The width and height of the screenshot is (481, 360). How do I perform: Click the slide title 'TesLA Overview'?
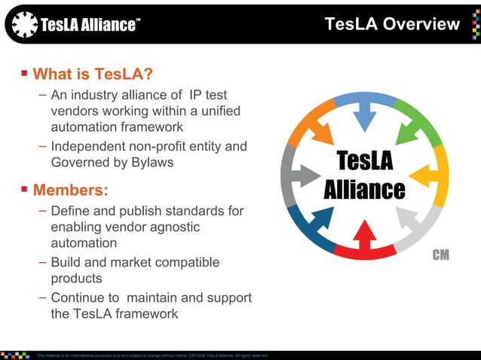point(392,24)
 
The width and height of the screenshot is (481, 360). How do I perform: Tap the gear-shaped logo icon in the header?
point(25,25)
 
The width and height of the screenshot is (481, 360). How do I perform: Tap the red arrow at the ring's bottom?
point(366,241)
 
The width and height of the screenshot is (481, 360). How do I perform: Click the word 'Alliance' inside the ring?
point(365,189)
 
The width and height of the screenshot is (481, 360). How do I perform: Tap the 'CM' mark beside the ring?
point(440,255)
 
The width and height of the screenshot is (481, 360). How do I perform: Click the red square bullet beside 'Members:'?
point(25,188)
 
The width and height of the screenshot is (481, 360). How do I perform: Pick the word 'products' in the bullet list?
point(76,279)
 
